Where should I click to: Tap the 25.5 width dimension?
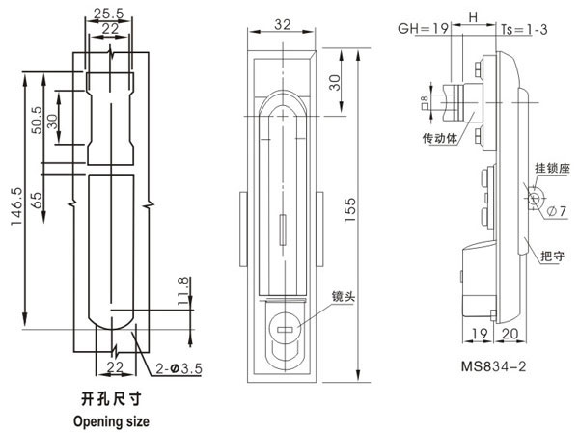[x=108, y=14]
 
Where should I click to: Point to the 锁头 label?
[x=344, y=297]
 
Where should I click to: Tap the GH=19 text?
[x=420, y=31]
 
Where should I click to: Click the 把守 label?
[x=552, y=256]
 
